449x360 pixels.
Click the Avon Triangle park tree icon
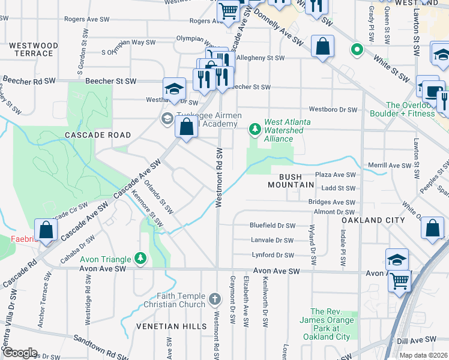140,259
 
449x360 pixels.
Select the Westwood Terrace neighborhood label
34,49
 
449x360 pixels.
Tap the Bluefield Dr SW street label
273,226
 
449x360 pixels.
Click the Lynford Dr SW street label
273,255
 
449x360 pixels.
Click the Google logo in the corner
19,353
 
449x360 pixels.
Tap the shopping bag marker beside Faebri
46,230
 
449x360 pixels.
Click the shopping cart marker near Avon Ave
400,280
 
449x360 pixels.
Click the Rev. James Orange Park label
331,324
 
